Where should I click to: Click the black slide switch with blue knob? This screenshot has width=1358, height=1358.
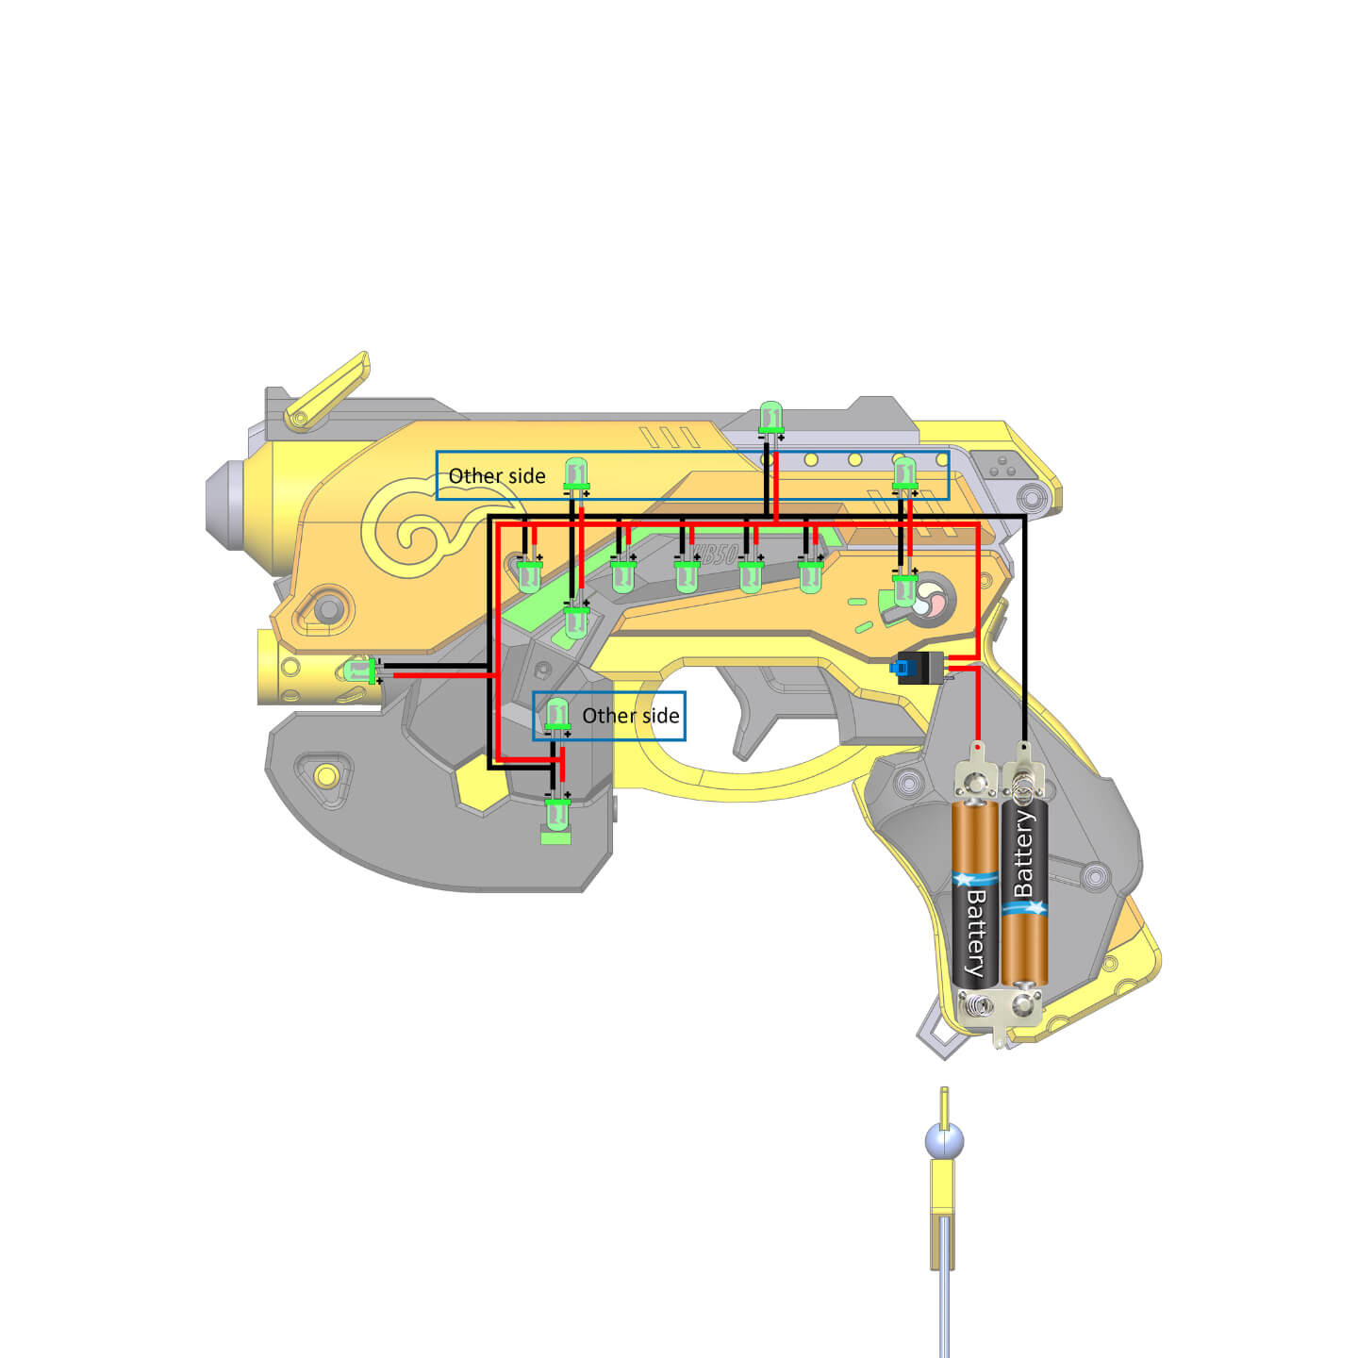(x=919, y=668)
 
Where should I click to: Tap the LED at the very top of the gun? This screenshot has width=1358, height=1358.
(x=771, y=418)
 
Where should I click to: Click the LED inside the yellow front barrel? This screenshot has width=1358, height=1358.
(x=359, y=671)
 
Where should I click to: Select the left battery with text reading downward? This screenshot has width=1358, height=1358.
(x=975, y=891)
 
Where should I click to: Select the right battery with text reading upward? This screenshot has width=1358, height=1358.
(x=1024, y=891)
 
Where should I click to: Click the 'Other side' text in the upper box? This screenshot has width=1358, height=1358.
(x=497, y=476)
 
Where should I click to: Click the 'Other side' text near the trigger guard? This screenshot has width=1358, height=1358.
(x=630, y=716)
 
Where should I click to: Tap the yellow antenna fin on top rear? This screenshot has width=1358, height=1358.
(x=327, y=391)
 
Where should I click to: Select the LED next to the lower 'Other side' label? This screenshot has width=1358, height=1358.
(x=557, y=714)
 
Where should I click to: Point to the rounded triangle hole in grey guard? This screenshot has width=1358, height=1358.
(x=323, y=777)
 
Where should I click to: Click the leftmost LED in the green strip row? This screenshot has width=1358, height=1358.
(x=529, y=573)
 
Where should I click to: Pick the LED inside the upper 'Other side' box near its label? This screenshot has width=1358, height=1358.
(x=575, y=473)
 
